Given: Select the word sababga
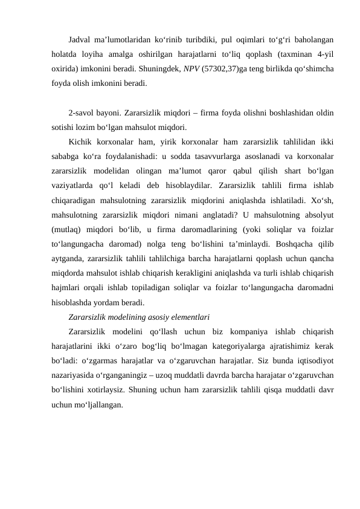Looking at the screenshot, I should [x=66, y=156].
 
